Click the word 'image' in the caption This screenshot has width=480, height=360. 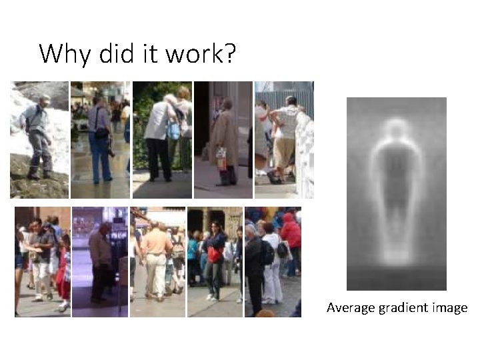[x=450, y=308]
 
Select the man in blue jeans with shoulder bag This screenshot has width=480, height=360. [x=99, y=140]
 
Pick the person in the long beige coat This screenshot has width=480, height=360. [x=224, y=140]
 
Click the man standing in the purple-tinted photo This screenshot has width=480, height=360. [x=100, y=260]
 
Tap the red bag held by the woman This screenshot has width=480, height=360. [x=215, y=254]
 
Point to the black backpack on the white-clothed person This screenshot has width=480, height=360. [x=283, y=249]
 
